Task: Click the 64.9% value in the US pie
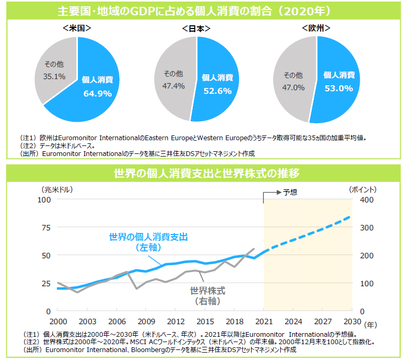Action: click(x=97, y=93)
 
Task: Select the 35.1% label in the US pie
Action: click(x=54, y=76)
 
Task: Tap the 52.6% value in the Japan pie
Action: click(x=217, y=91)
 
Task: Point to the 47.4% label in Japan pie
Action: click(x=174, y=85)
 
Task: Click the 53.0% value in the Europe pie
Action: click(x=339, y=88)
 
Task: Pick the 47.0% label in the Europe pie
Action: click(x=294, y=87)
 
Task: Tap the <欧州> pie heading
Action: click(x=316, y=27)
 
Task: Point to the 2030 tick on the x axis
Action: click(x=352, y=321)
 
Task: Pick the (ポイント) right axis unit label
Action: click(x=363, y=189)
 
